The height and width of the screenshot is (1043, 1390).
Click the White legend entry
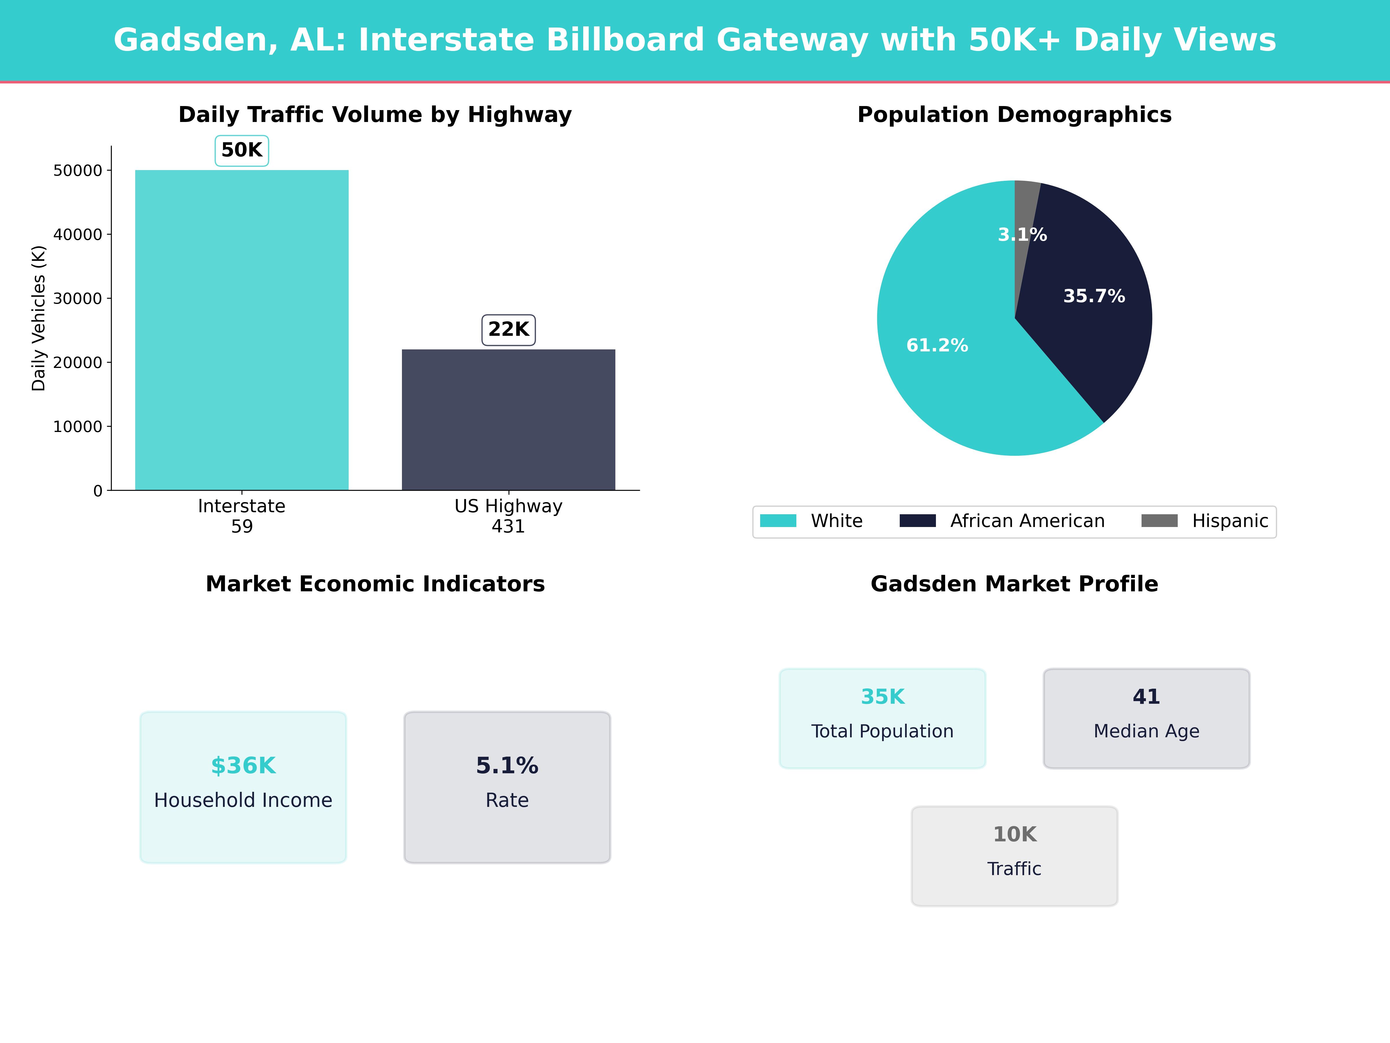click(x=836, y=521)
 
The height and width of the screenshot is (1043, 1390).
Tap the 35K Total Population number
click(x=882, y=696)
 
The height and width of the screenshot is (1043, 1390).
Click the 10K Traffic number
click(x=1014, y=834)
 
